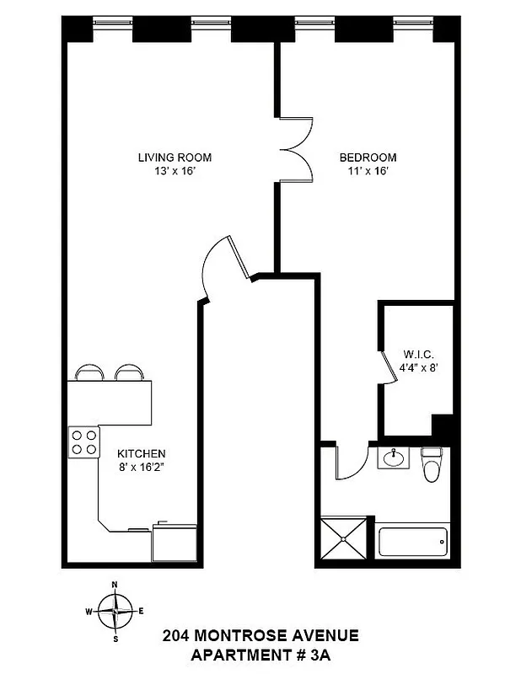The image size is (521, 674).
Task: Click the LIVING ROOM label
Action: pyautogui.click(x=175, y=158)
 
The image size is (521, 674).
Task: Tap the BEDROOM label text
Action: pyautogui.click(x=368, y=158)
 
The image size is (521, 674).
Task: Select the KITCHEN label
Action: pyautogui.click(x=142, y=452)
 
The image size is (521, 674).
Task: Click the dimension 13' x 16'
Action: pyautogui.click(x=175, y=172)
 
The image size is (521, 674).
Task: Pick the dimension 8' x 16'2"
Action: pyautogui.click(x=142, y=466)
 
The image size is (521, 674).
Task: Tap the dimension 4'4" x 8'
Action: pyautogui.click(x=417, y=367)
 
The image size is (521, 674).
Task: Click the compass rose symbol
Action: pyautogui.click(x=115, y=610)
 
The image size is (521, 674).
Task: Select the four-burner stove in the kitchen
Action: pyautogui.click(x=83, y=441)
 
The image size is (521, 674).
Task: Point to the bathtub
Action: pyautogui.click(x=413, y=540)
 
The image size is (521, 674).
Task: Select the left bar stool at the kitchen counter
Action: pyautogui.click(x=89, y=372)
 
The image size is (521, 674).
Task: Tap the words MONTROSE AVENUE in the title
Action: pyautogui.click(x=287, y=634)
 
